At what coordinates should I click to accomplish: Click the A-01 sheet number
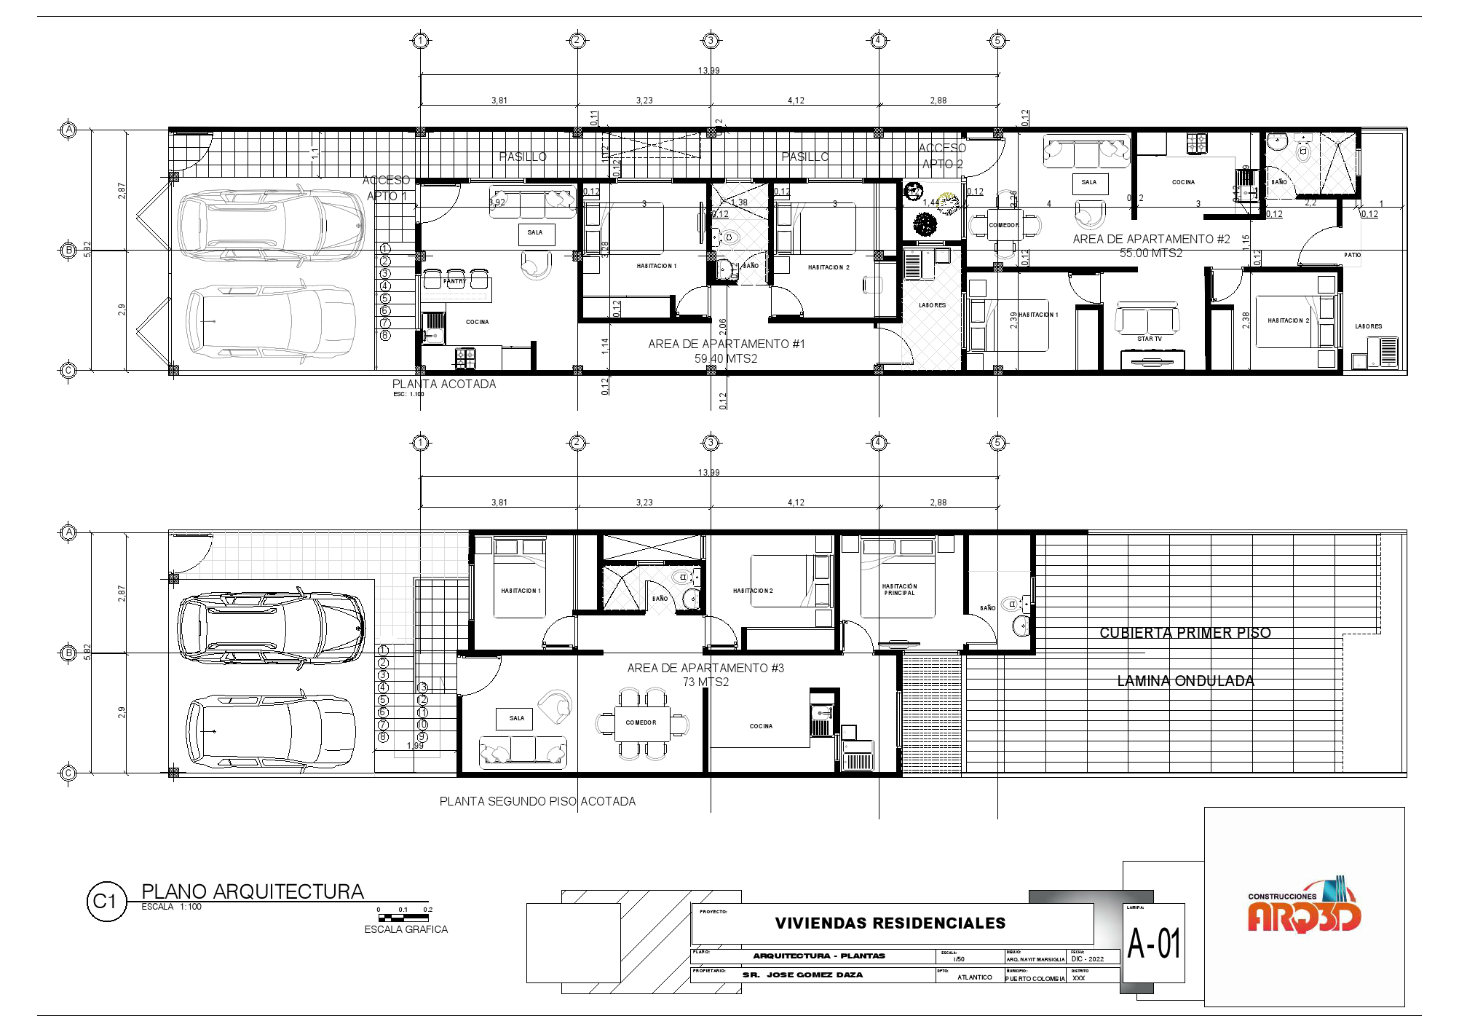click(x=1154, y=944)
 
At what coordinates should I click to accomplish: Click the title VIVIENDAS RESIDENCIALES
click(x=890, y=923)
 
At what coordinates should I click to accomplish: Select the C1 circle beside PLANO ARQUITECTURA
click(x=106, y=901)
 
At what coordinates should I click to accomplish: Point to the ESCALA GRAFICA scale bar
click(x=405, y=918)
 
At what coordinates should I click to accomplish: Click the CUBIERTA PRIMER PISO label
click(x=1185, y=633)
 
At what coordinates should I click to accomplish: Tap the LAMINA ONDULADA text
click(x=1185, y=681)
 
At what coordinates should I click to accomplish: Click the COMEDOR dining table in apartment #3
click(x=641, y=722)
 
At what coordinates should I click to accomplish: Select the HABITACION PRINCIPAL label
click(x=899, y=589)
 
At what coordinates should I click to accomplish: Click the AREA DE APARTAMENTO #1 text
click(x=727, y=344)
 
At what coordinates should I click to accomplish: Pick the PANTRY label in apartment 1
click(x=454, y=281)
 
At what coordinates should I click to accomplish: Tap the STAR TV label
click(x=1150, y=339)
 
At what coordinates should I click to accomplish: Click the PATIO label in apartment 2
click(x=1352, y=255)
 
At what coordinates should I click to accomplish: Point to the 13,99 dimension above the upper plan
click(x=708, y=71)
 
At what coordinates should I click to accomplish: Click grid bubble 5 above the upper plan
click(x=997, y=41)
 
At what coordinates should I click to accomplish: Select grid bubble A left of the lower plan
click(x=68, y=532)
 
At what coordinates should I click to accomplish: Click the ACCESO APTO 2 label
click(x=942, y=156)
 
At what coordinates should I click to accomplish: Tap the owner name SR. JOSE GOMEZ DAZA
click(x=802, y=974)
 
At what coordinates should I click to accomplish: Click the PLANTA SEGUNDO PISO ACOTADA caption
click(x=537, y=801)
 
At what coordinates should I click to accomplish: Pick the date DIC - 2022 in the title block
click(x=1087, y=959)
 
